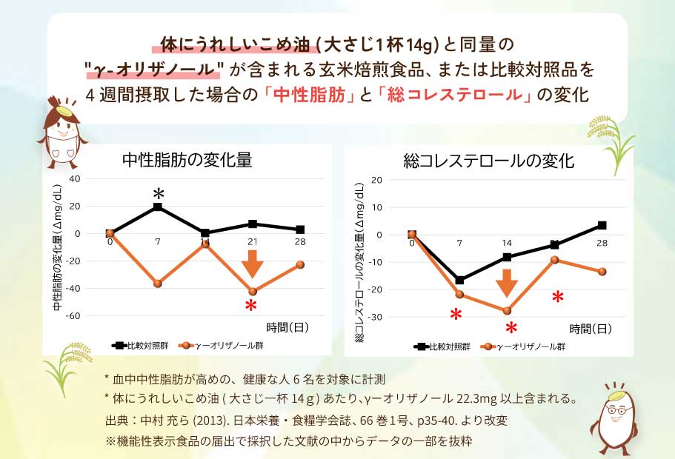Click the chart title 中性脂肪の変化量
coord(187,159)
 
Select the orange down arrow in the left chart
coord(253,264)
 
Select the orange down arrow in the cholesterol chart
coord(507,283)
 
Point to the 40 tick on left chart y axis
coord(73,178)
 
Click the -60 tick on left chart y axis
coord(71,316)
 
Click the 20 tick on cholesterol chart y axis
coord(376,180)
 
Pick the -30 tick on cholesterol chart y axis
coord(375,318)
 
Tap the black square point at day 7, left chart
coord(158,207)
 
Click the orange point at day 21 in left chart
coord(253,291)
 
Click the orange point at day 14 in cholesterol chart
coord(507,311)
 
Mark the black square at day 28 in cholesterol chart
coord(602,225)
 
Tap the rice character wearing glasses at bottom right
coord(614,418)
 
